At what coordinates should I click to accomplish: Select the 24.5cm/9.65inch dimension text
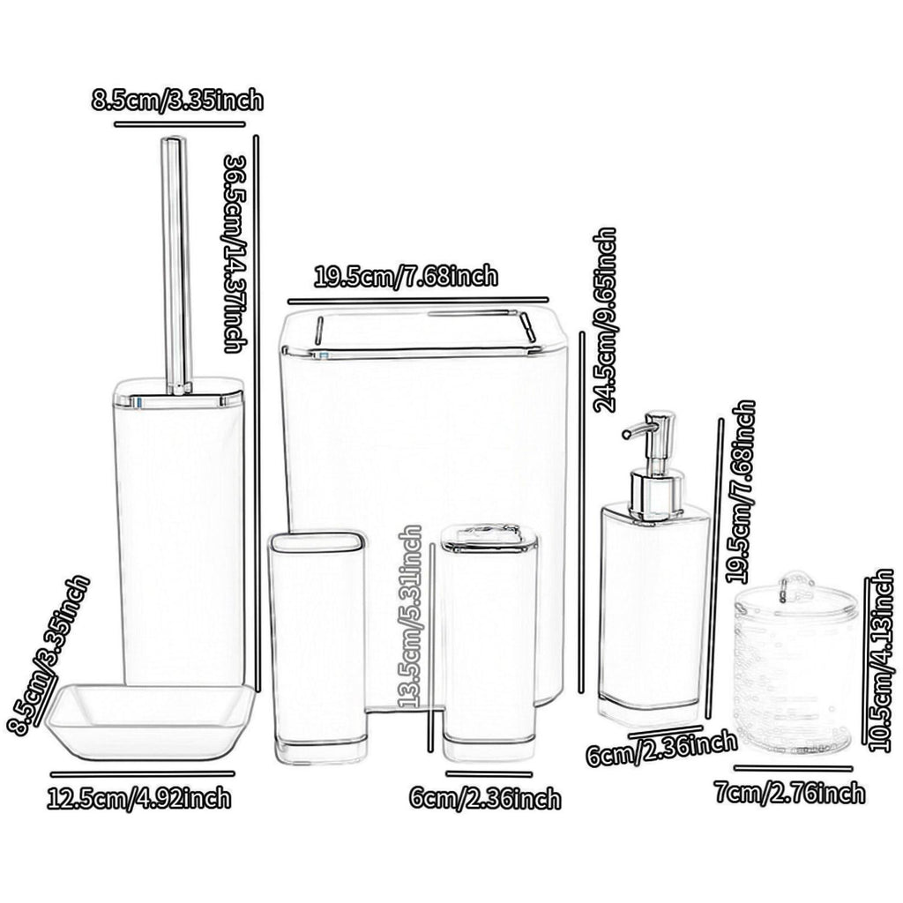click(605, 320)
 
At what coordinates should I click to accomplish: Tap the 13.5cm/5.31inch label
click(411, 616)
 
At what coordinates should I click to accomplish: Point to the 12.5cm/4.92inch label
click(139, 798)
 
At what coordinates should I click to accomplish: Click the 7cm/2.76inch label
click(790, 793)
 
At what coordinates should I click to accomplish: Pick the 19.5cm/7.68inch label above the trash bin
click(406, 276)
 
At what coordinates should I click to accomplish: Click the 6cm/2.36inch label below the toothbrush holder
click(485, 799)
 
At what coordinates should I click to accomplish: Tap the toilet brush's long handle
click(175, 265)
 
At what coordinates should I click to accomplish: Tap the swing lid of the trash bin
click(423, 332)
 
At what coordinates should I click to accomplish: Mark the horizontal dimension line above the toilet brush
click(180, 123)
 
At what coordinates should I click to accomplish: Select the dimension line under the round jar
click(793, 768)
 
